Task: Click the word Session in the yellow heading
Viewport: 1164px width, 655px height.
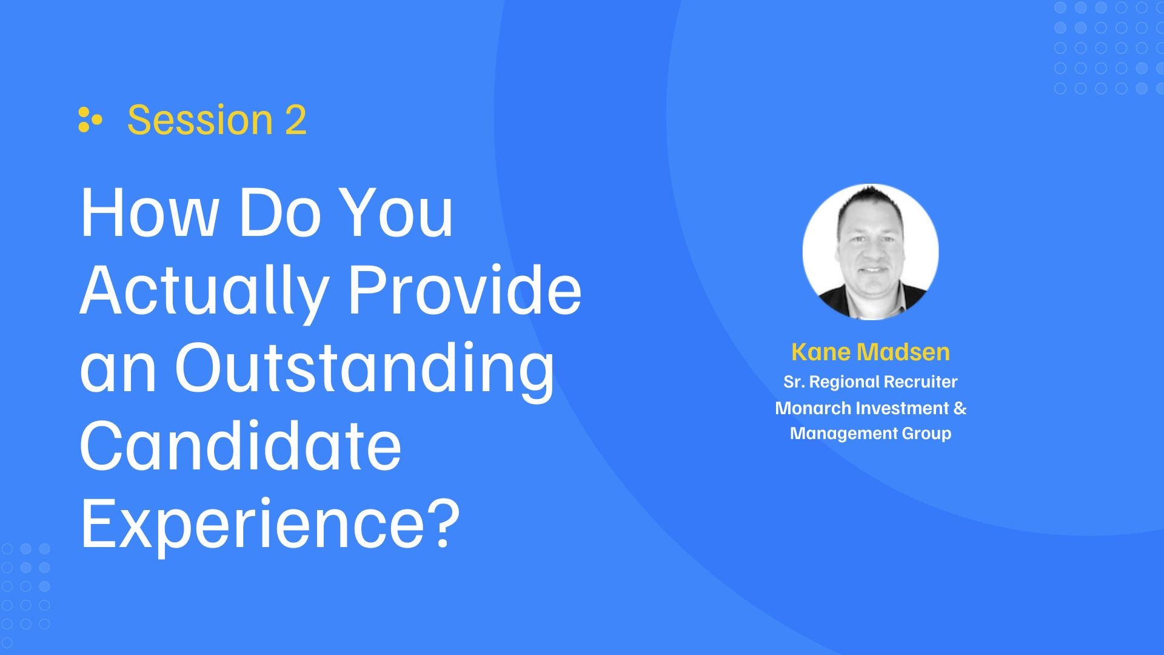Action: point(200,120)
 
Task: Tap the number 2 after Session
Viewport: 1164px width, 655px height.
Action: point(296,119)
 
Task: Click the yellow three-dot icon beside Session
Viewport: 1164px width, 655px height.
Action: point(90,119)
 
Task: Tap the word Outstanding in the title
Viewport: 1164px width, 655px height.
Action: point(364,369)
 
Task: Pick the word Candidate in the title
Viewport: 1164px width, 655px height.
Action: point(241,446)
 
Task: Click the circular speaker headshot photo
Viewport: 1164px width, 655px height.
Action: point(871,252)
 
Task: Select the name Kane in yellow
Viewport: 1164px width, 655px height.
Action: point(821,352)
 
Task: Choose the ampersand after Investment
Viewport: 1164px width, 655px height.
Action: point(960,408)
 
